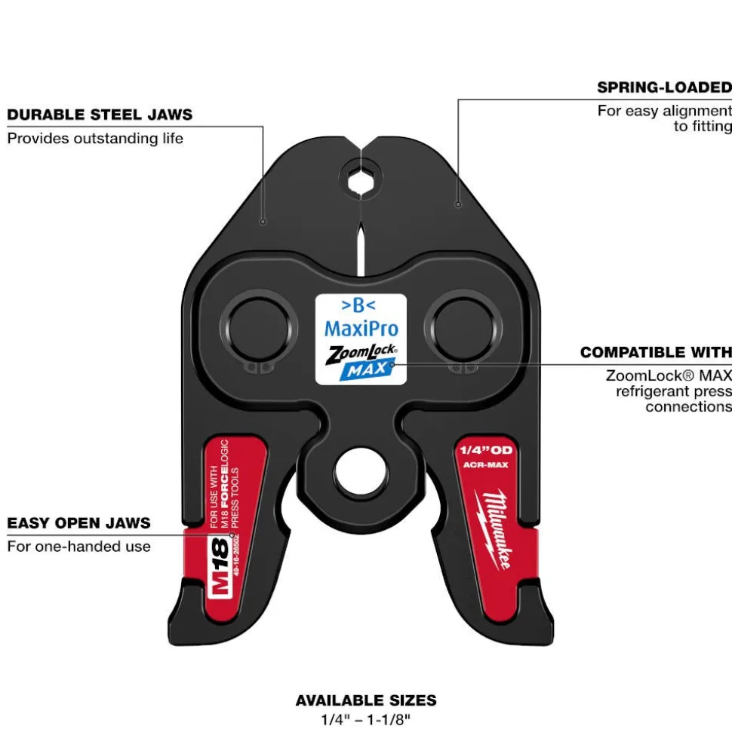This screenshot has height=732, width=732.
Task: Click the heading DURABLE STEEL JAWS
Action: (x=100, y=115)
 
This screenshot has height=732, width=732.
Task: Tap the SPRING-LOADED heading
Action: (x=664, y=87)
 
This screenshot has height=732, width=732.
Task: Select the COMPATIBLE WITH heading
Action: (x=655, y=352)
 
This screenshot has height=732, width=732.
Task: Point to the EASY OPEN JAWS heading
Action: (x=78, y=523)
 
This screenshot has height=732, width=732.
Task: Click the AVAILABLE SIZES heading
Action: (x=366, y=701)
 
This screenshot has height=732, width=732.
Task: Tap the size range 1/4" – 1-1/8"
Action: (x=366, y=719)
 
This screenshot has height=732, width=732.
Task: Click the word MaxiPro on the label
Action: (x=361, y=328)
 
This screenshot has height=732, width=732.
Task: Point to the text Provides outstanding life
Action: (x=95, y=139)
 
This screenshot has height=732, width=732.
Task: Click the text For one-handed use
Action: (x=78, y=547)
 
